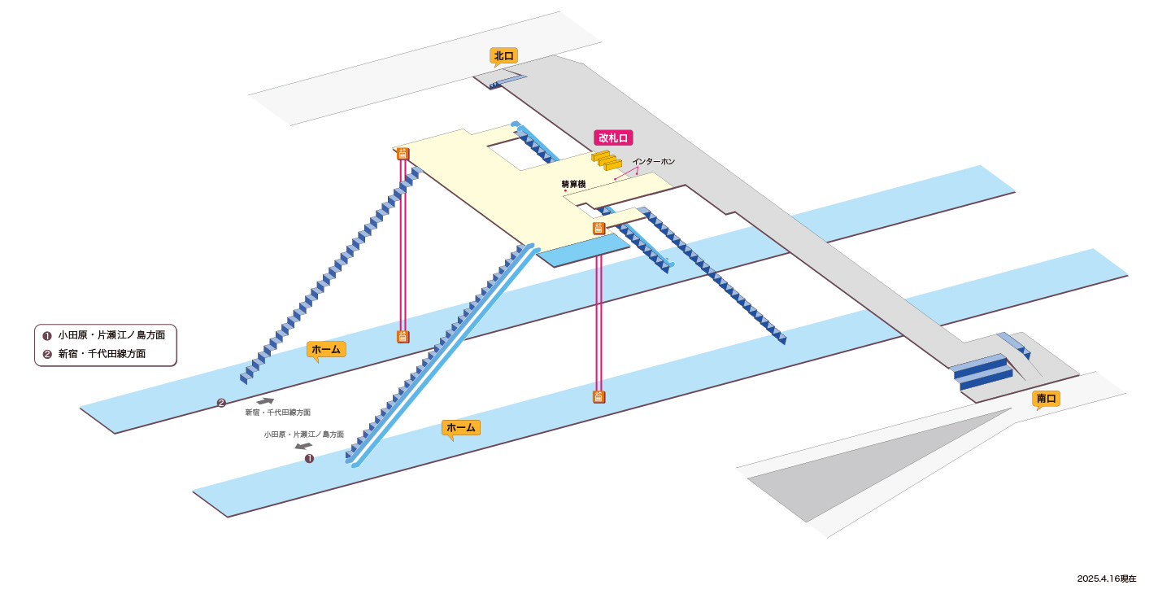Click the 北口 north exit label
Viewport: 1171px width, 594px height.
[504, 56]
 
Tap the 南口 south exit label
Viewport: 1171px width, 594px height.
[1046, 399]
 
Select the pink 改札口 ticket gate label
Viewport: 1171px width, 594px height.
[613, 138]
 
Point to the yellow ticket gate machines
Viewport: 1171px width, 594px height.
[607, 160]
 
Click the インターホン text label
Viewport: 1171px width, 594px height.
[654, 162]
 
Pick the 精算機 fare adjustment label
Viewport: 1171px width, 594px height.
[573, 184]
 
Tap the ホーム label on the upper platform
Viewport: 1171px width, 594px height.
[326, 349]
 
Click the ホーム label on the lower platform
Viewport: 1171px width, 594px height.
[461, 428]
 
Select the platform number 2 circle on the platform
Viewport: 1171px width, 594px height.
[222, 403]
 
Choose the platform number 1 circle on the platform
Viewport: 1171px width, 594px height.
[310, 459]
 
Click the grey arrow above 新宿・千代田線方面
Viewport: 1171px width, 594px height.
[265, 401]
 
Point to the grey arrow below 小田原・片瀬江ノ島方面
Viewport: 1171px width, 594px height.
[303, 446]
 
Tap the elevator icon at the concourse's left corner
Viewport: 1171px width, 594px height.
[403, 154]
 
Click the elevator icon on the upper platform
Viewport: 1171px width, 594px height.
[403, 336]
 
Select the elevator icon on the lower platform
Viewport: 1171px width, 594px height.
[599, 397]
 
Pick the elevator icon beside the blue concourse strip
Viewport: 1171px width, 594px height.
[599, 228]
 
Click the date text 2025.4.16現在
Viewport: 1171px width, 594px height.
[1107, 579]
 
